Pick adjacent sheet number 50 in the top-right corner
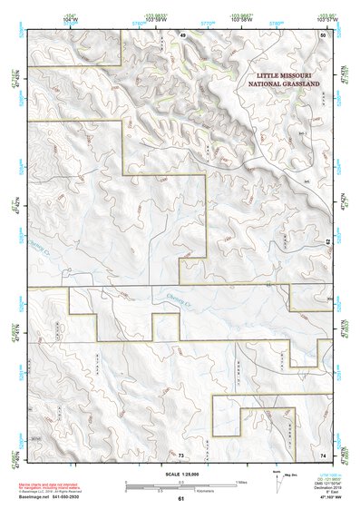click(322, 34)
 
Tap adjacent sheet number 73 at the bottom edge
click(180, 454)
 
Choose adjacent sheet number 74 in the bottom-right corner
click(323, 454)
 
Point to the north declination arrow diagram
click(277, 481)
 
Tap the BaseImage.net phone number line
click(56, 496)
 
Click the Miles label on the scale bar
click(240, 481)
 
